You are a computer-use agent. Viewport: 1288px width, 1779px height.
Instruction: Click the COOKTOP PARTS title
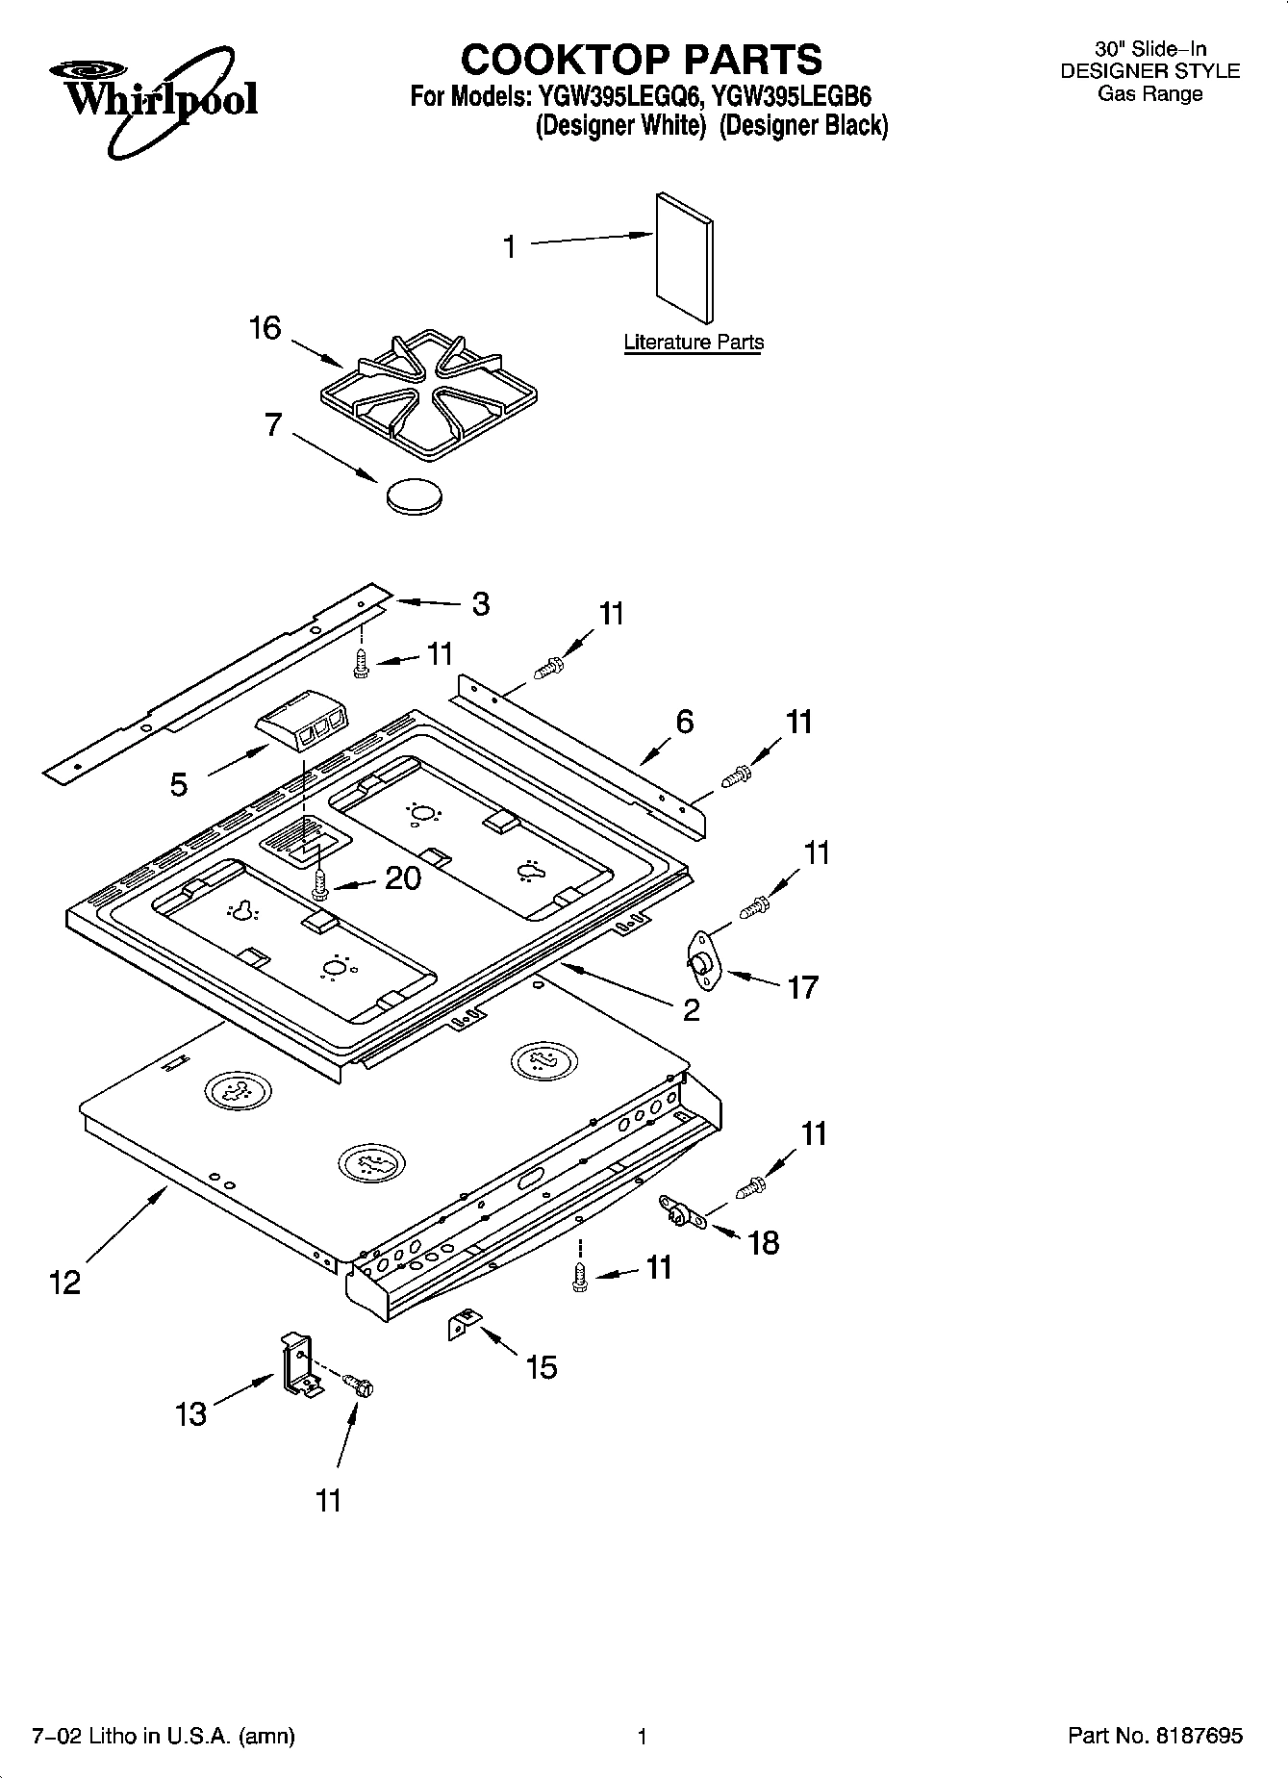[x=641, y=60]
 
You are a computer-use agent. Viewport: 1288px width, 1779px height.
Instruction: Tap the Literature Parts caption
[x=693, y=343]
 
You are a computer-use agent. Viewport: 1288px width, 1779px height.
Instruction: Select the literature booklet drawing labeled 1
[x=685, y=257]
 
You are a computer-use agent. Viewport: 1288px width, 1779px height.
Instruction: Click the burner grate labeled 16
[x=427, y=395]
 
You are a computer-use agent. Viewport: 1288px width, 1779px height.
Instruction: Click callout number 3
[x=480, y=604]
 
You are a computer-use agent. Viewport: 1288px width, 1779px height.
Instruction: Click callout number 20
[x=402, y=877]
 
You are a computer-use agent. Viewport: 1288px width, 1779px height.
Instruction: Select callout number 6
[x=684, y=722]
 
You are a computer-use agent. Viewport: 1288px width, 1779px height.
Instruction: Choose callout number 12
[x=65, y=1283]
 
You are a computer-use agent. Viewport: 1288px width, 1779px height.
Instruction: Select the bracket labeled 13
[x=298, y=1363]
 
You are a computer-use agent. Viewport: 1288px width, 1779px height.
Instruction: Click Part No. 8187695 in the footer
[x=1154, y=1736]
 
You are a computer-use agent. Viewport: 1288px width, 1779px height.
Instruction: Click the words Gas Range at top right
[x=1150, y=94]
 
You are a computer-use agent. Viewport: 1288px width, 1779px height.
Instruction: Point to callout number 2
[x=691, y=1009]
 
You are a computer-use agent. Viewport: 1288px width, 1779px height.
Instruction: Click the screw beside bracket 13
[x=361, y=1385]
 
